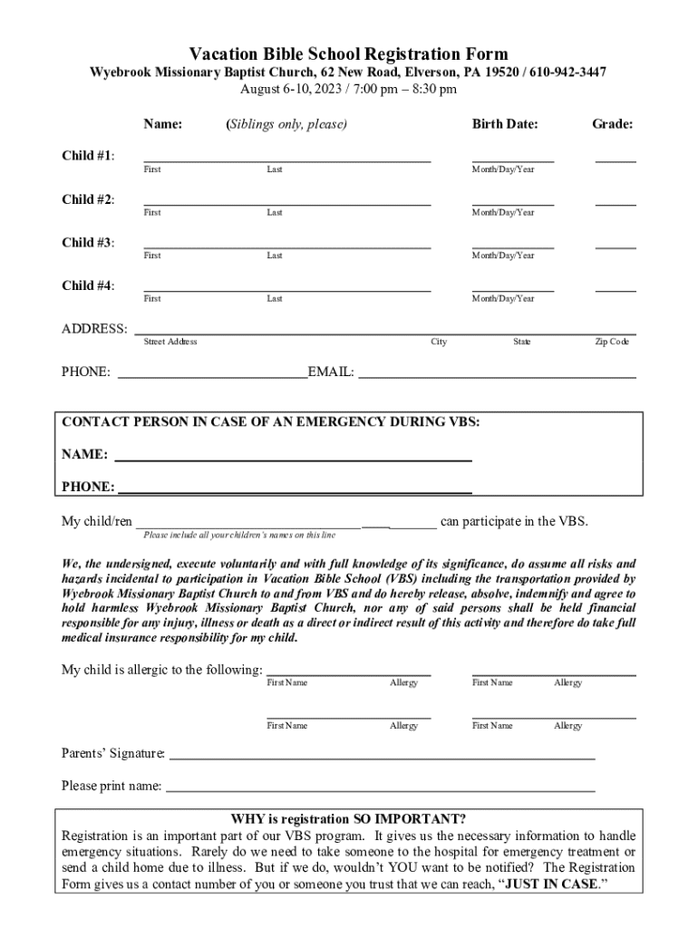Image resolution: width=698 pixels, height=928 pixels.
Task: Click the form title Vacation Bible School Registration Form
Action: point(348,54)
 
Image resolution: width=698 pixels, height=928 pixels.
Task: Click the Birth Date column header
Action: point(504,124)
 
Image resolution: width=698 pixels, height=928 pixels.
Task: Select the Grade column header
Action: point(613,124)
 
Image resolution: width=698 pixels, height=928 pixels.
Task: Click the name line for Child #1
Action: point(286,159)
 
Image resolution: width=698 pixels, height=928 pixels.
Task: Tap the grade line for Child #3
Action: point(615,246)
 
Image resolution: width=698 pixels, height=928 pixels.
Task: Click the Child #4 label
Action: point(88,286)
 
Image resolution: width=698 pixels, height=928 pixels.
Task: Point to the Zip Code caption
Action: point(611,342)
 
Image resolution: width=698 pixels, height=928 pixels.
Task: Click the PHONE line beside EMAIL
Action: point(213,375)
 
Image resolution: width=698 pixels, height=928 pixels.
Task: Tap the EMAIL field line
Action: point(497,375)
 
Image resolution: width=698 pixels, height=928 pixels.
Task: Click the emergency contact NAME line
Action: point(292,459)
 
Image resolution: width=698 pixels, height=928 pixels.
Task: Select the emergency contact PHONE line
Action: point(295,492)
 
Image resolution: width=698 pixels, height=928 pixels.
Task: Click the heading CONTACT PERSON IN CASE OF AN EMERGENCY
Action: point(271,422)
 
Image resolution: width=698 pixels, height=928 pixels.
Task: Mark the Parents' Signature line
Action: point(382,757)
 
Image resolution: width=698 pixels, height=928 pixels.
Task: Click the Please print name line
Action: point(380,790)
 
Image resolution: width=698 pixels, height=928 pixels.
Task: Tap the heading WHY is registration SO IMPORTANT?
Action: point(348,818)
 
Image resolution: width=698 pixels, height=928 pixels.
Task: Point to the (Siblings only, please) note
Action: point(286,124)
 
